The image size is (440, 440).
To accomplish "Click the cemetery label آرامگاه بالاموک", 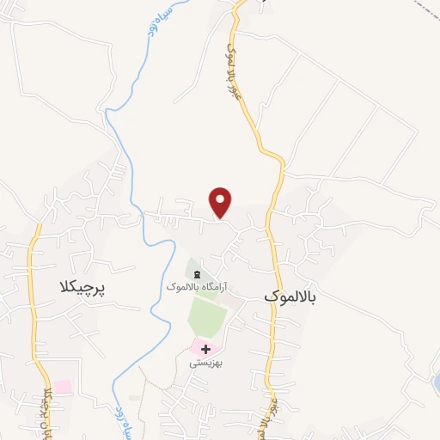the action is pos(196,285).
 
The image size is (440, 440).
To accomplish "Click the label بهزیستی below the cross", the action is pos(206,363).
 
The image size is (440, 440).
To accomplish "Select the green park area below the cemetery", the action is pos(206,316).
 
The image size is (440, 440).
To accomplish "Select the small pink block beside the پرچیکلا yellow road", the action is pos(62,387).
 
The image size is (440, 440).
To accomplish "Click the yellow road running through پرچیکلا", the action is pos(33,301).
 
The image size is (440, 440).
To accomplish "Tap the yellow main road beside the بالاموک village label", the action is pos(273,258).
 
